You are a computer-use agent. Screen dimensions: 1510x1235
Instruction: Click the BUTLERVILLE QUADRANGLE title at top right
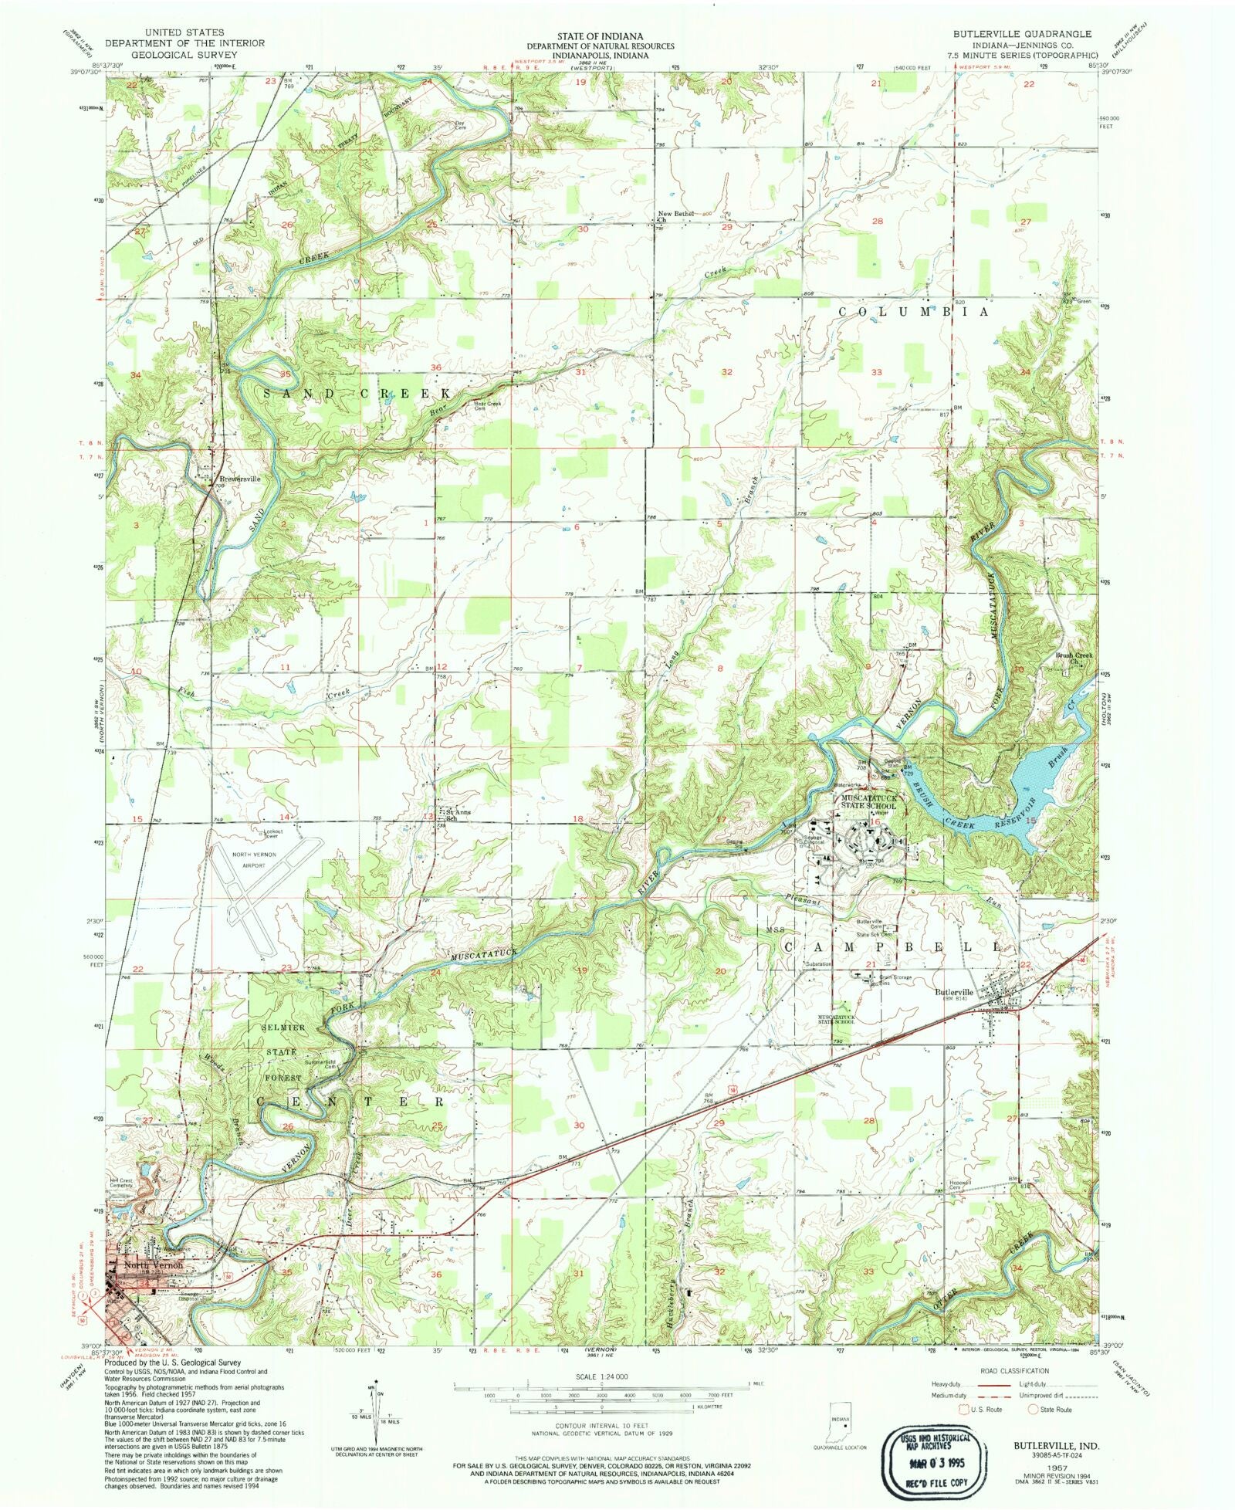1024,34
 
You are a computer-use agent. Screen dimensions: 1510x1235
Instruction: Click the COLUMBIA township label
913,313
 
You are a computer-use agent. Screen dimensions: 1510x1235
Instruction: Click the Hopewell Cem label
949,1186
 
